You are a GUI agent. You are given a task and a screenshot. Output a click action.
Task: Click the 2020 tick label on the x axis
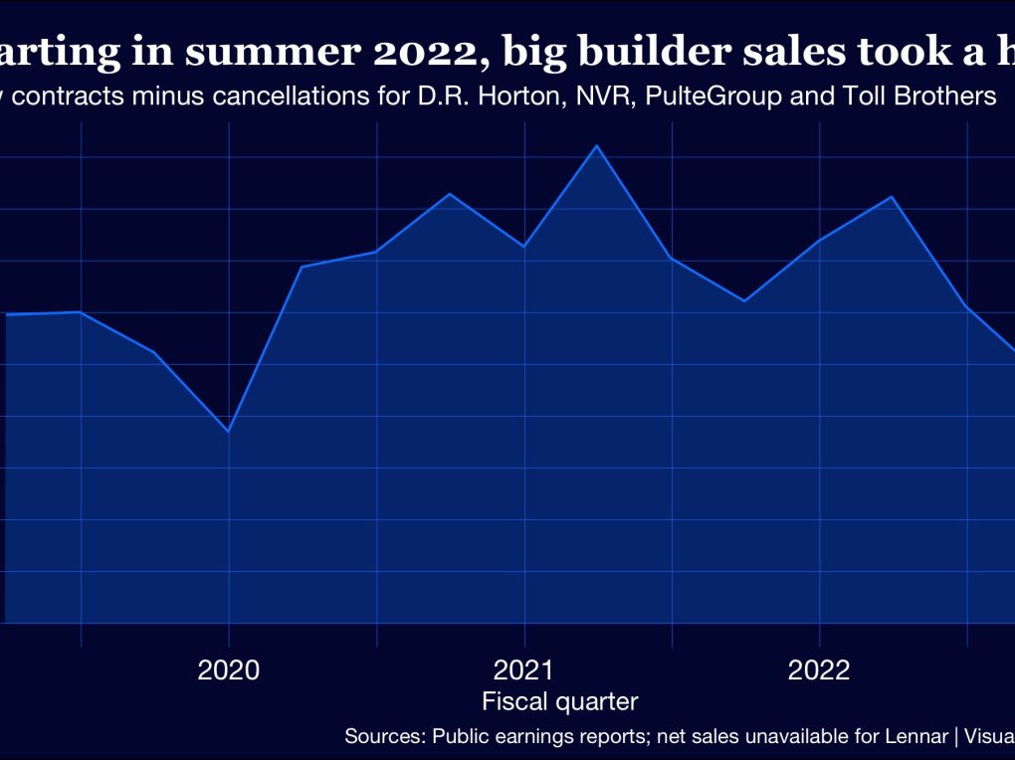point(229,669)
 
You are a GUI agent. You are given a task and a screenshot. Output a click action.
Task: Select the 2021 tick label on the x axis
point(524,669)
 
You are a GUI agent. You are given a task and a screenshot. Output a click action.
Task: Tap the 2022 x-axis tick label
point(819,669)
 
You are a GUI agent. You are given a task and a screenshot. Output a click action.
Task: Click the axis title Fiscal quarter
point(559,701)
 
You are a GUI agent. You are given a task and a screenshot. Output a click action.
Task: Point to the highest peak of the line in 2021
point(596,146)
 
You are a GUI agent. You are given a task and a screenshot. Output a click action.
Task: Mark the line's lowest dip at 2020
point(229,431)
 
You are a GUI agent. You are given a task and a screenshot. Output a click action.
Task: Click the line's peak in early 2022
point(893,197)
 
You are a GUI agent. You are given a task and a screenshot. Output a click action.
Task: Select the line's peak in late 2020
point(450,194)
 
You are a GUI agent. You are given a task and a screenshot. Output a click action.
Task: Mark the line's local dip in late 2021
point(744,300)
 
